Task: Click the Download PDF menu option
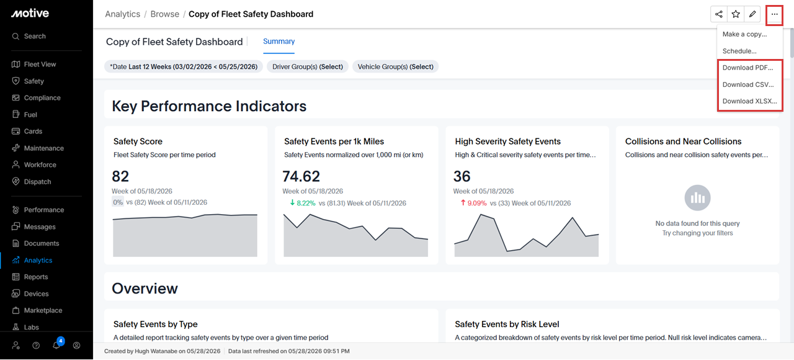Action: pyautogui.click(x=748, y=68)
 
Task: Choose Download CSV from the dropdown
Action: pyautogui.click(x=748, y=84)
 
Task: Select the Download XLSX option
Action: pyautogui.click(x=750, y=101)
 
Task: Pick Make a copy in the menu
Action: pyautogui.click(x=745, y=34)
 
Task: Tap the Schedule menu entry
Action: pyautogui.click(x=739, y=51)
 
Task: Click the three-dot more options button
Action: pyautogui.click(x=775, y=14)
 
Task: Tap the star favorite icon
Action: pyautogui.click(x=736, y=14)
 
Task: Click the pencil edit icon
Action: pyautogui.click(x=752, y=14)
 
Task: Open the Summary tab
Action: pyautogui.click(x=279, y=42)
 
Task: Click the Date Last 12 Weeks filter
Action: pyautogui.click(x=184, y=66)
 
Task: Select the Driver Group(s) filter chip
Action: pyautogui.click(x=308, y=66)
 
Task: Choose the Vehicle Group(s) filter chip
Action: pyautogui.click(x=395, y=66)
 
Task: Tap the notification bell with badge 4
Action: pyautogui.click(x=56, y=344)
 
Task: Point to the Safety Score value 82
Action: pyautogui.click(x=120, y=176)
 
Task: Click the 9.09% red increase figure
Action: pyautogui.click(x=477, y=203)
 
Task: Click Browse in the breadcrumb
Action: pyautogui.click(x=165, y=14)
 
